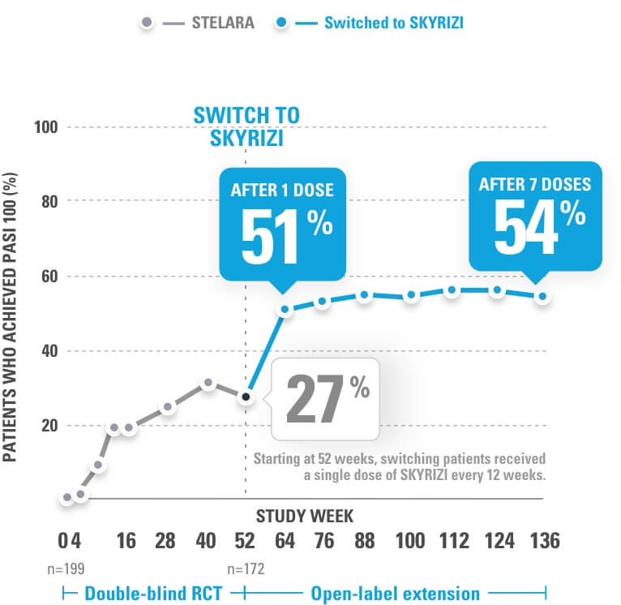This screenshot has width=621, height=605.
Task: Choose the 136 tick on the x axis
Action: pos(542,541)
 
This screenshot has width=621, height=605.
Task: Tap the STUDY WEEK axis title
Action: pos(305,515)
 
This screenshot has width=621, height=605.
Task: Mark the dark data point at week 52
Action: pos(246,397)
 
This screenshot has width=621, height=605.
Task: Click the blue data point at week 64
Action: pos(285,309)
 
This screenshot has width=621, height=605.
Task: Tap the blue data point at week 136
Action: pos(542,296)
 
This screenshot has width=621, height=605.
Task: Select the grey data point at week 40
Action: pos(208,383)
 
